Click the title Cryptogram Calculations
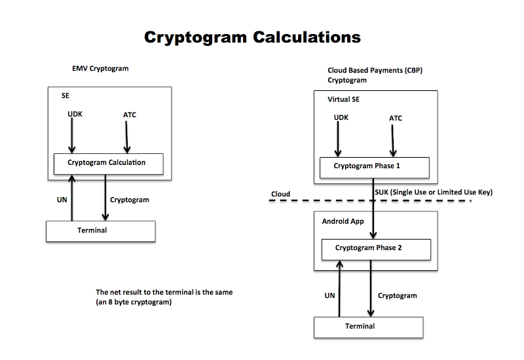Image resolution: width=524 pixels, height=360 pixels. click(252, 37)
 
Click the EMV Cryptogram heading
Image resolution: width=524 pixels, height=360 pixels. click(100, 69)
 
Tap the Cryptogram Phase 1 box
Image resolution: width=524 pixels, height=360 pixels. click(374, 167)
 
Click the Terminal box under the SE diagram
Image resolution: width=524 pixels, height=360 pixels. click(100, 231)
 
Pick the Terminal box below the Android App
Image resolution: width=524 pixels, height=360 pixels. click(368, 327)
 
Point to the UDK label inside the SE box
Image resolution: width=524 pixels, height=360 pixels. click(75, 115)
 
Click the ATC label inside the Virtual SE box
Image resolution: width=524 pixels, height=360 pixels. click(396, 118)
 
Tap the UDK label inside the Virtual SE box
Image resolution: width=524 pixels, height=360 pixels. click(341, 118)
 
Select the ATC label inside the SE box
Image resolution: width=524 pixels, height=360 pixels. click(130, 115)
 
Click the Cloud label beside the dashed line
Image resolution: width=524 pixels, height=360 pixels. click(280, 194)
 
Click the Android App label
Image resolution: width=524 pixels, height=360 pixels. click(343, 221)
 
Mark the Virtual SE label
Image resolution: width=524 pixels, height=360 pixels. click(344, 99)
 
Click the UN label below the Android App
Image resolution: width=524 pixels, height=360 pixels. click(329, 296)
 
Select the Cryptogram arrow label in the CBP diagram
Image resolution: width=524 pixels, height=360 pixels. click(398, 296)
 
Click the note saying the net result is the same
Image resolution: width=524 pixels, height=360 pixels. click(164, 297)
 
